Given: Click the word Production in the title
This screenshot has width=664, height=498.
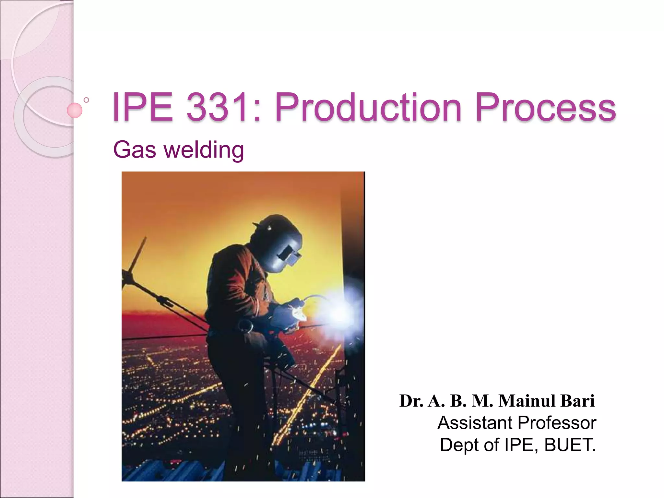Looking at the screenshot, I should coord(368,108).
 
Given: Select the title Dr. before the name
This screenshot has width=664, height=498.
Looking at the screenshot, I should coord(411,401).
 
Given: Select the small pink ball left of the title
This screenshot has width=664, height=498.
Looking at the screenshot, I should coord(75,110).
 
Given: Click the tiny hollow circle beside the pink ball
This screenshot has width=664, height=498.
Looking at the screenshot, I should coord(86,100).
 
